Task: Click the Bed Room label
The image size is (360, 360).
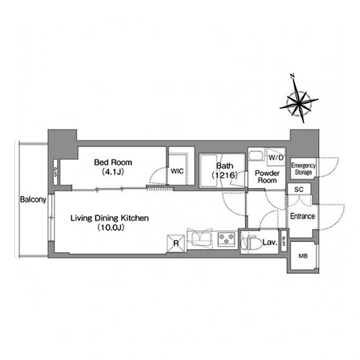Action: coord(113,162)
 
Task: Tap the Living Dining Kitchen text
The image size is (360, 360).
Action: coord(109,218)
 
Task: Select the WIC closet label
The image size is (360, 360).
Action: coord(177,171)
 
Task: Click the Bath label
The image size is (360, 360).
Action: coord(225,166)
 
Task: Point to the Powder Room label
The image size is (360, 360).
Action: coord(267,176)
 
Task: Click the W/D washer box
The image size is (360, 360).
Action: coord(276,158)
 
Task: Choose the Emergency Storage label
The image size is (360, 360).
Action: coord(303,168)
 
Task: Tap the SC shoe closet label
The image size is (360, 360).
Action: coord(299,189)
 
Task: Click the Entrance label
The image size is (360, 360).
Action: coord(302,216)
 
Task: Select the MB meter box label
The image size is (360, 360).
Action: coord(303,256)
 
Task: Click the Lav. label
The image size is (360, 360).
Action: coord(270,242)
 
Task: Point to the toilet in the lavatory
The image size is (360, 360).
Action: coord(250,243)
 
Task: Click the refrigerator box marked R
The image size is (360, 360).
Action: coord(176,243)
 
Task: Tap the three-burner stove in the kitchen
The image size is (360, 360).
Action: coord(226,238)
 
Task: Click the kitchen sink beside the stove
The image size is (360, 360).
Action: coord(202,238)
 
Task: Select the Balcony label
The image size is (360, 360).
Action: coord(33,199)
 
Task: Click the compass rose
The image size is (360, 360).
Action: coord(299,103)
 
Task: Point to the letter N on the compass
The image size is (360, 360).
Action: coord(292,76)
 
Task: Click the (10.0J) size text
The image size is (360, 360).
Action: coord(111,228)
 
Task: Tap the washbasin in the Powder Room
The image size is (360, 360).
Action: coord(256,156)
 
